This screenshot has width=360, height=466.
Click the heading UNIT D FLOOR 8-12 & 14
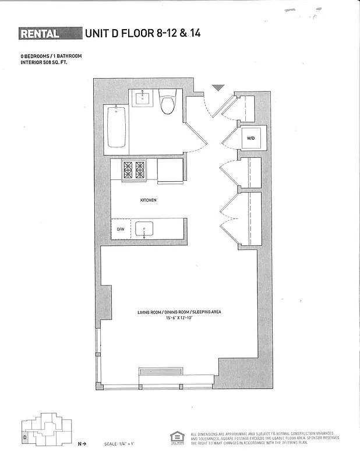[x=143, y=33]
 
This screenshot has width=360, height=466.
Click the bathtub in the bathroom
[x=117, y=126]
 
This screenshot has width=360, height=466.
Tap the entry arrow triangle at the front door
[x=218, y=88]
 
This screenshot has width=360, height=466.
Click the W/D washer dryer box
[x=251, y=139]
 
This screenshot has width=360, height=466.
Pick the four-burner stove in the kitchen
[x=133, y=170]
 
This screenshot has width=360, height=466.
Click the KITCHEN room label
[x=149, y=200]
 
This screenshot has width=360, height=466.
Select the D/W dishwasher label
[x=121, y=230]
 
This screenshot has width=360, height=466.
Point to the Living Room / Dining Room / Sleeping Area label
[x=179, y=313]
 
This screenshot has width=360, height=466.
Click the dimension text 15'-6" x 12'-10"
[x=179, y=319]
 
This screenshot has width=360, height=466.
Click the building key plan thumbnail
[x=44, y=429]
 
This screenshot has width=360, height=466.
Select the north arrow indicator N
[x=82, y=444]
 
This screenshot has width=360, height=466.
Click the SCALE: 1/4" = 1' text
[x=120, y=444]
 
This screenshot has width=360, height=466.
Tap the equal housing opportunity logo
[x=176, y=437]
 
